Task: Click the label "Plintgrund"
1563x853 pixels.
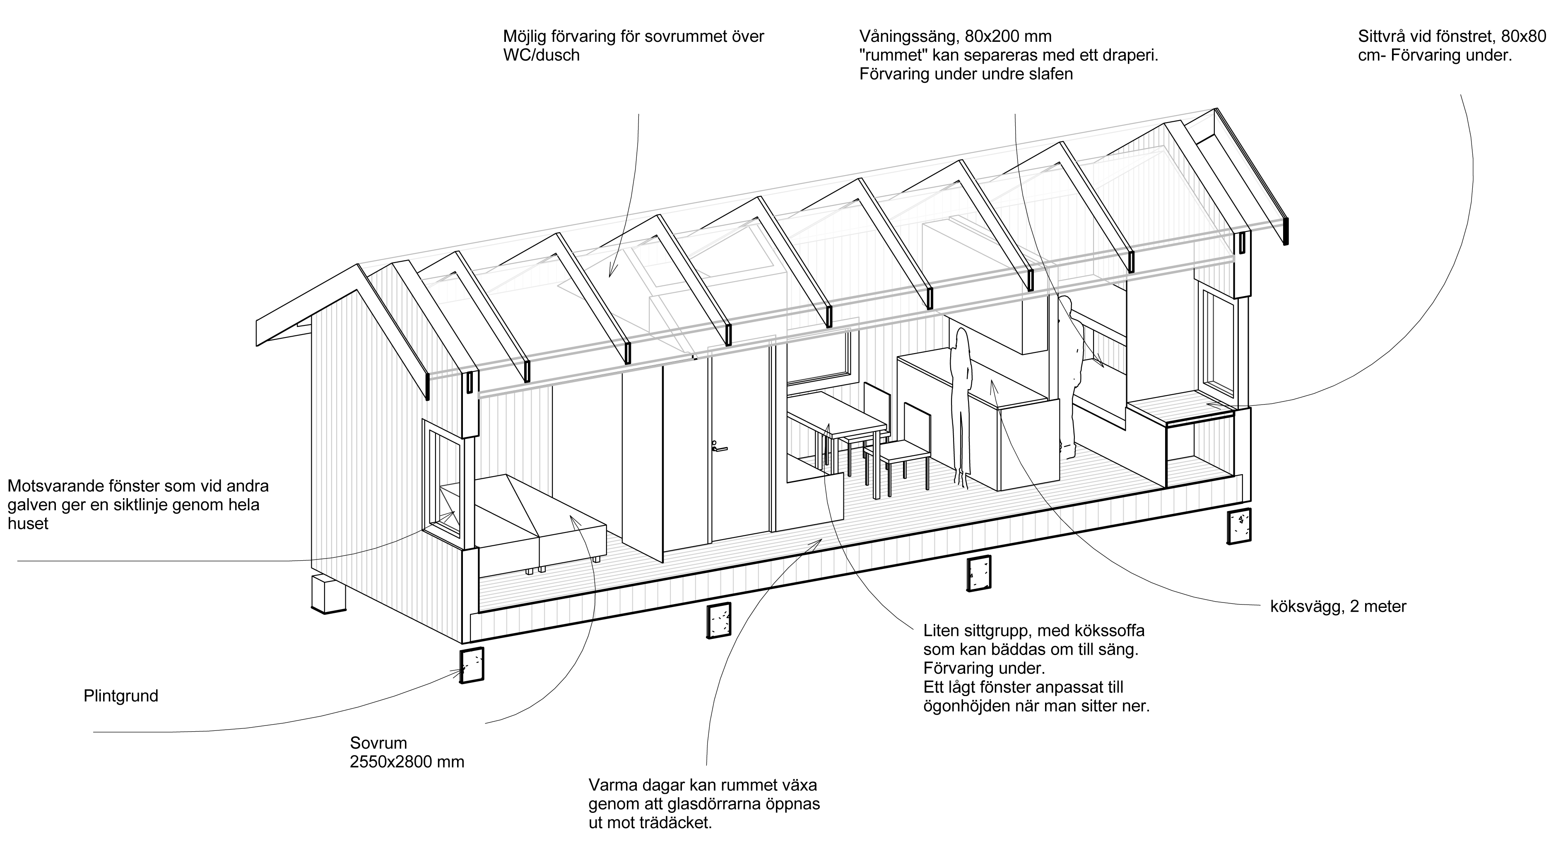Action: coord(121,696)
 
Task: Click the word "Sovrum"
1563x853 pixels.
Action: coord(378,743)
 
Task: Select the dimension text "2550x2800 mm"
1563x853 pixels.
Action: coord(407,762)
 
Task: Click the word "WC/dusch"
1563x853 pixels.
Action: coord(541,55)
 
